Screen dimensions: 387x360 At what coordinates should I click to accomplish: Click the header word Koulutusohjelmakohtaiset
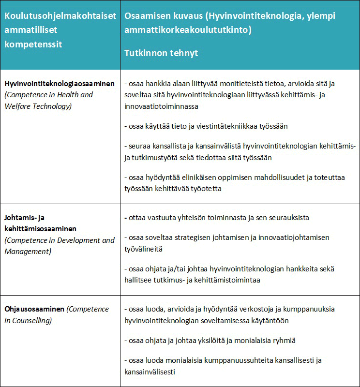(60, 16)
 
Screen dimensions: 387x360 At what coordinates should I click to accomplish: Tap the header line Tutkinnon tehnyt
(161, 53)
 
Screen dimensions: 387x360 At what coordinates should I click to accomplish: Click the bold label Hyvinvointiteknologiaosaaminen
(60, 84)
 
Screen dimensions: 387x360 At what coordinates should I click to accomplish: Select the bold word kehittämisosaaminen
(41, 228)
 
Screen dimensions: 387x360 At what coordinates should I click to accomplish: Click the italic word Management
(28, 251)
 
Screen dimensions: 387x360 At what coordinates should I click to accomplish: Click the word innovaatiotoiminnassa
(160, 106)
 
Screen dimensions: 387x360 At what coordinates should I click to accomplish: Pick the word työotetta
(205, 189)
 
